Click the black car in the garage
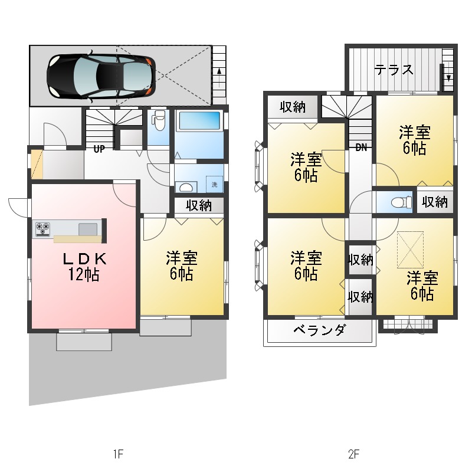coord(100,76)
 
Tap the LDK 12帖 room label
coord(84,266)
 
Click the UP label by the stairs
coord(99,149)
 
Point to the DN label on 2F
coord(361,148)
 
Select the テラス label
coord(394,70)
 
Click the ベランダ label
coord(319,330)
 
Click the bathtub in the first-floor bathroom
coord(198,122)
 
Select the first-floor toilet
coord(158,122)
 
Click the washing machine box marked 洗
coord(214,184)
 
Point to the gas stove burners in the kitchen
coord(42,228)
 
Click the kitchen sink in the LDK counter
coord(88,229)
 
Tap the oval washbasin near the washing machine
coord(185,188)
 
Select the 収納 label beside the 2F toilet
coord(435,202)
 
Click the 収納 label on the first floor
coord(199,205)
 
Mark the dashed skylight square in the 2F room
coord(410,249)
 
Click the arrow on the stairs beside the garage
coord(219,71)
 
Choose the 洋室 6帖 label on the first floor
coord(181,266)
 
